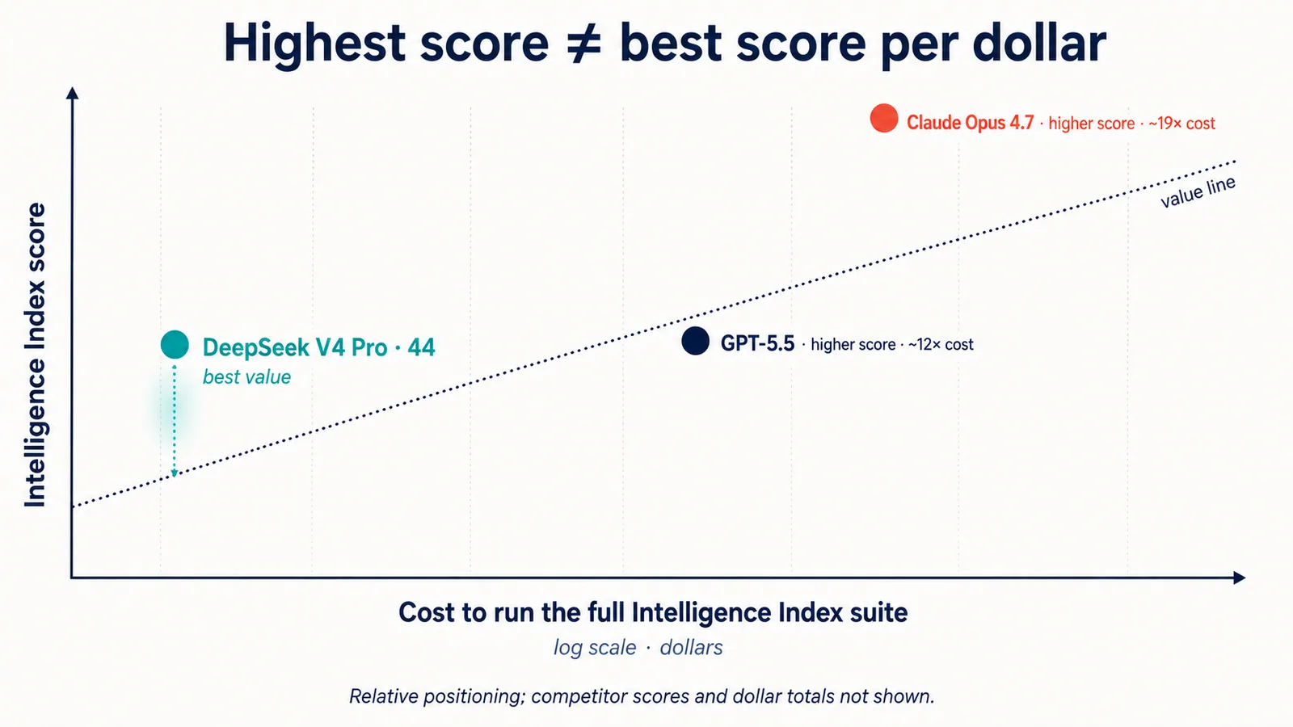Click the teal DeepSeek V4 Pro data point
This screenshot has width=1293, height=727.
pyautogui.click(x=175, y=345)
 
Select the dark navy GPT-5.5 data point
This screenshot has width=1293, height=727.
pyautogui.click(x=695, y=341)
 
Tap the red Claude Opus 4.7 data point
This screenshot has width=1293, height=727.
pyautogui.click(x=884, y=118)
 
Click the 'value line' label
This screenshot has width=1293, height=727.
pyautogui.click(x=1198, y=192)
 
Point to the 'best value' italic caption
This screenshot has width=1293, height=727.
pyautogui.click(x=246, y=376)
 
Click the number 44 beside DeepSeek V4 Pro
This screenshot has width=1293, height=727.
pyautogui.click(x=421, y=347)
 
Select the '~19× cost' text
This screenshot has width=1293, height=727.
pyautogui.click(x=1181, y=124)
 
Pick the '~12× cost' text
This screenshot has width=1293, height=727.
pyautogui.click(x=941, y=344)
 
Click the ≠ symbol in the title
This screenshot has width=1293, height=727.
pyautogui.click(x=583, y=44)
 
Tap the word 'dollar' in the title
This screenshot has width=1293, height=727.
pyautogui.click(x=1039, y=43)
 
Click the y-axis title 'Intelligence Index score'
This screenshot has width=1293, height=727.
pyautogui.click(x=36, y=355)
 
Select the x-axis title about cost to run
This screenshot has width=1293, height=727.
pyautogui.click(x=653, y=612)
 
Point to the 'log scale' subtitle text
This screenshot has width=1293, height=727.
pyautogui.click(x=595, y=647)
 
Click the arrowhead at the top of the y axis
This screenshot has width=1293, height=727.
pyautogui.click(x=72, y=93)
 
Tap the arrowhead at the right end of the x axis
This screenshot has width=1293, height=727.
pyautogui.click(x=1240, y=578)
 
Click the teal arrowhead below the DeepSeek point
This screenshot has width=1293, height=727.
pyautogui.click(x=175, y=473)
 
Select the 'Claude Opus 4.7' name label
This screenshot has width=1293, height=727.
pyautogui.click(x=970, y=123)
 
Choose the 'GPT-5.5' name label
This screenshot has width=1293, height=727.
pyautogui.click(x=757, y=344)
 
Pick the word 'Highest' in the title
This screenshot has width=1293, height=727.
pyautogui.click(x=314, y=43)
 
